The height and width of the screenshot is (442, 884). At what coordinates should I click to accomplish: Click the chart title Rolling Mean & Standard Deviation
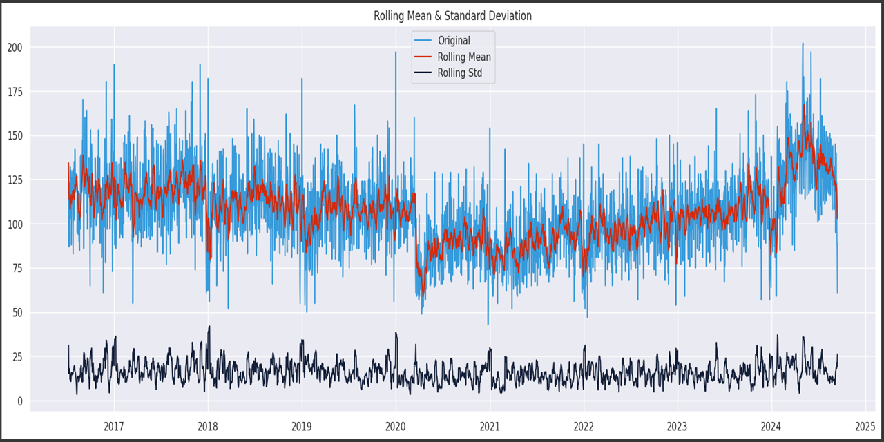pyautogui.click(x=452, y=15)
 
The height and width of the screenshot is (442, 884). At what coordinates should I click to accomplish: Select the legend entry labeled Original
pyautogui.click(x=454, y=41)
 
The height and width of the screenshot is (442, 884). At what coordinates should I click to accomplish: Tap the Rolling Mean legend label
pyautogui.click(x=464, y=57)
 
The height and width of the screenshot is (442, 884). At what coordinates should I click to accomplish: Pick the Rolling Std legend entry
pyautogui.click(x=460, y=73)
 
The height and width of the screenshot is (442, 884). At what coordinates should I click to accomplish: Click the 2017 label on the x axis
pyautogui.click(x=114, y=425)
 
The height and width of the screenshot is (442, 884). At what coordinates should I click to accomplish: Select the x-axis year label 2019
pyautogui.click(x=302, y=425)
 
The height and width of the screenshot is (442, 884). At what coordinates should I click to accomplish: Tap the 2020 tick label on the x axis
pyautogui.click(x=396, y=425)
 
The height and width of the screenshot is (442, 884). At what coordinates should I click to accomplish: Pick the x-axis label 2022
pyautogui.click(x=584, y=425)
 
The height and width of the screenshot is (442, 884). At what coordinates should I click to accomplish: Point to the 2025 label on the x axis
pyautogui.click(x=865, y=425)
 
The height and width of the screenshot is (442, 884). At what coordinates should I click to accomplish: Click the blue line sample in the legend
pyautogui.click(x=423, y=41)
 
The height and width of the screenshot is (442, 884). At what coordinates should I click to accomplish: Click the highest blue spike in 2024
pyautogui.click(x=803, y=44)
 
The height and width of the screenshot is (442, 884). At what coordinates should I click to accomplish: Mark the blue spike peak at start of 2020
pyautogui.click(x=396, y=52)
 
